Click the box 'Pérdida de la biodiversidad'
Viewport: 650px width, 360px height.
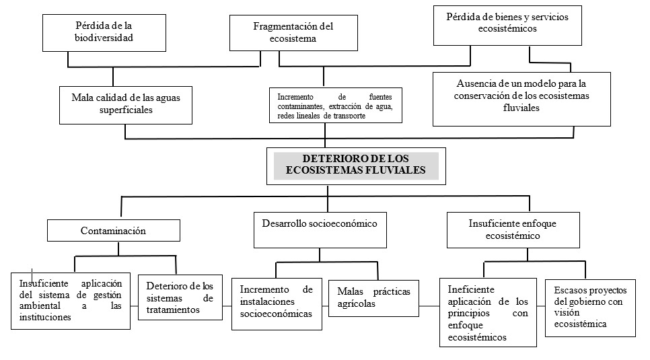pos(104,33)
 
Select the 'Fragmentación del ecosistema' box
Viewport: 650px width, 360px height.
pos(293,33)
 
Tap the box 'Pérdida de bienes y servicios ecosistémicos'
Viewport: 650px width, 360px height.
pos(507,26)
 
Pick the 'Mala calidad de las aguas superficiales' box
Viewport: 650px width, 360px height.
pos(126,105)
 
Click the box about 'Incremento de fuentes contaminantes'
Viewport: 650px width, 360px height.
pos(335,105)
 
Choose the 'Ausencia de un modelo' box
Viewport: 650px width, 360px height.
pos(521,99)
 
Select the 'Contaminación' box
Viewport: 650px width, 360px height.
pos(114,230)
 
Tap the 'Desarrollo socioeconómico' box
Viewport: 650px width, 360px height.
pos(320,229)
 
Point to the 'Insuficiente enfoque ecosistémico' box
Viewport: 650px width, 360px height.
pos(513,229)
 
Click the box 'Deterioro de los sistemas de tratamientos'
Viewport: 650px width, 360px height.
pos(180,297)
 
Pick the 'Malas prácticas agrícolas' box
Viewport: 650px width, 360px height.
pos(373,298)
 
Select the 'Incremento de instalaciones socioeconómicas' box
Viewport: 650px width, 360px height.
pos(277,304)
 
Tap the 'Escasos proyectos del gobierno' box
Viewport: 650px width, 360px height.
pos(590,308)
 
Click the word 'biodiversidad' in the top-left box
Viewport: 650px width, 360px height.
pos(104,38)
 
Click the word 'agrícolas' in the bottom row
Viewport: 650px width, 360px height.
pos(356,304)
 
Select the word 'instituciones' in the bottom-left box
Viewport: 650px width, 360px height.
pos(45,318)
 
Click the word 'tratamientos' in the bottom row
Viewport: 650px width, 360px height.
pos(173,310)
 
